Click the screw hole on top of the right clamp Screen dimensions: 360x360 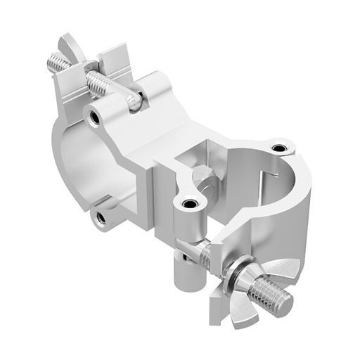(280, 148)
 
